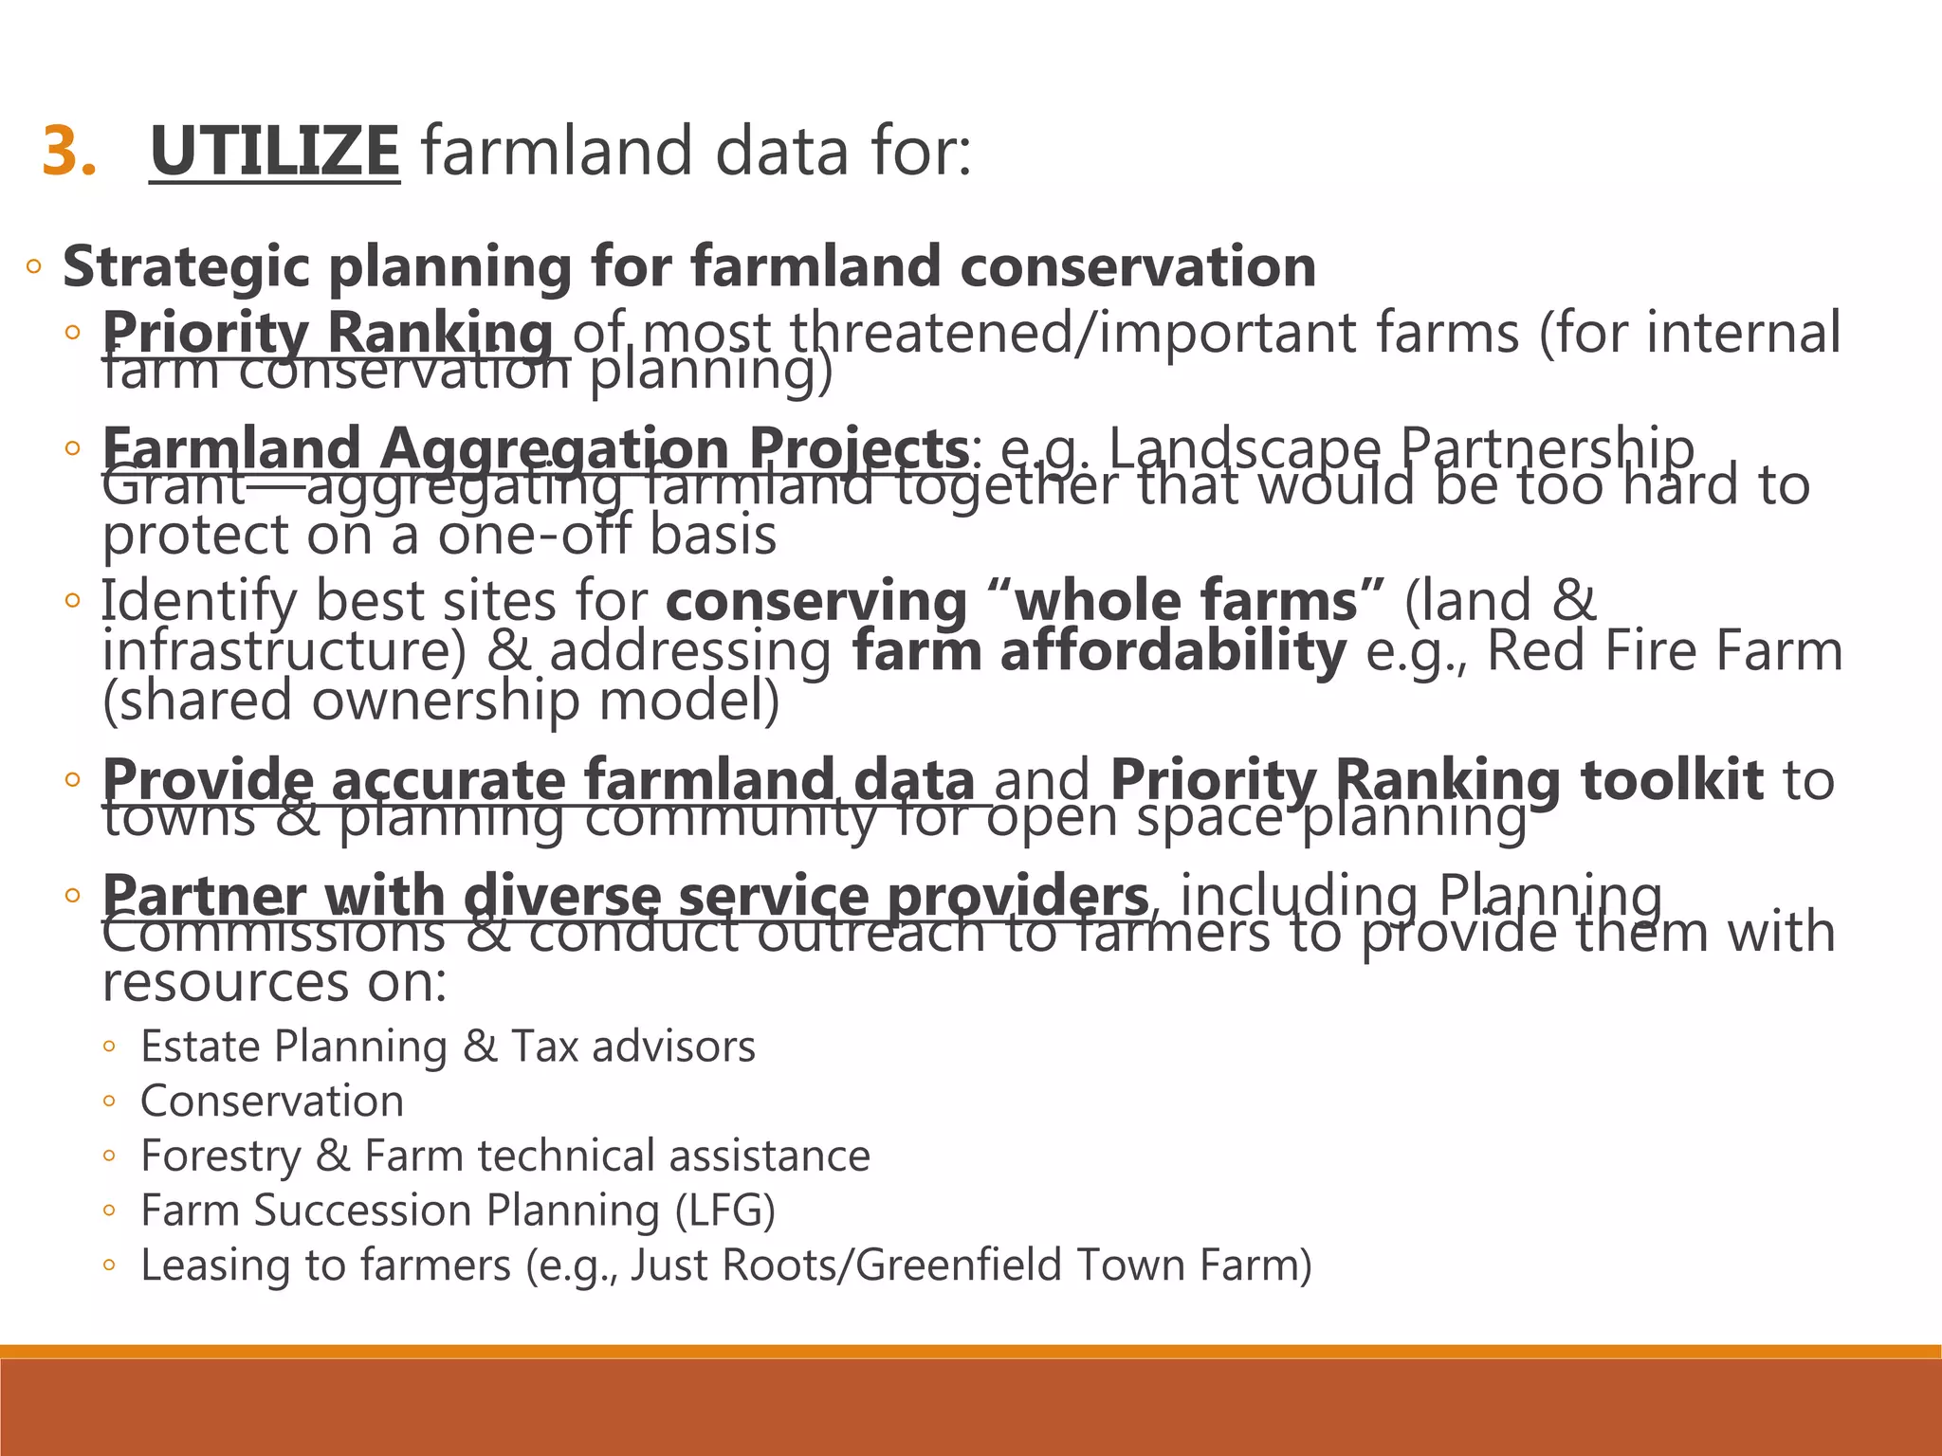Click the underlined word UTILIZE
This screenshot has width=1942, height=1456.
(275, 152)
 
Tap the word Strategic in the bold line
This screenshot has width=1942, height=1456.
(186, 266)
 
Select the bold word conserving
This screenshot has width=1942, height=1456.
(815, 601)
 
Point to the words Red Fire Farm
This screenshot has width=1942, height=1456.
(1664, 651)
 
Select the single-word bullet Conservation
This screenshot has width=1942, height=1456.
(272, 1101)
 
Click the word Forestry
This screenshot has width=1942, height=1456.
(220, 1156)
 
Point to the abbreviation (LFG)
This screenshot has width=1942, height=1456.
(724, 1210)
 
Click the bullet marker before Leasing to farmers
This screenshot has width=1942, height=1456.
(109, 1265)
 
